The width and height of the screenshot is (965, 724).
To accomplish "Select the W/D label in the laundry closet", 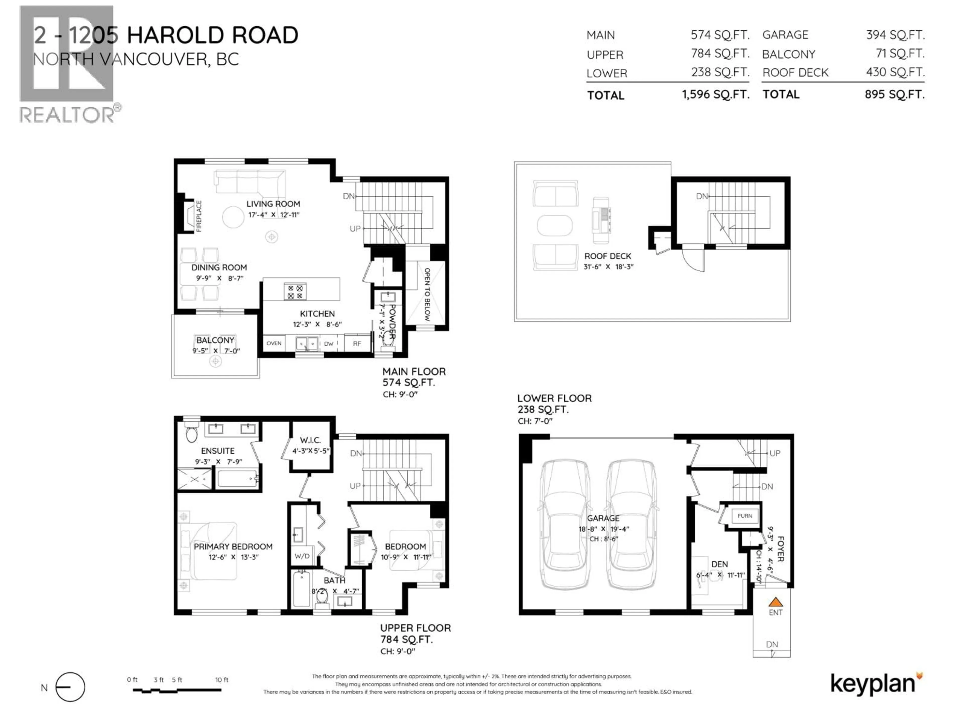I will point(302,556).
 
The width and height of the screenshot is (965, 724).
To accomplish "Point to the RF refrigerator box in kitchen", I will point(357,343).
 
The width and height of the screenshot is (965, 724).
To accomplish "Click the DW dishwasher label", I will point(328,344).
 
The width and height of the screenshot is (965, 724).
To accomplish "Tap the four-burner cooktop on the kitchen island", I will point(295,292).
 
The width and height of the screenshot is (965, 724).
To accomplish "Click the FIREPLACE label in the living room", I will point(199,216).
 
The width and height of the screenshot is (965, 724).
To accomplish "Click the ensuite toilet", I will point(191,432).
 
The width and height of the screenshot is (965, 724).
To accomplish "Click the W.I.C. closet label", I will point(310,440).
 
